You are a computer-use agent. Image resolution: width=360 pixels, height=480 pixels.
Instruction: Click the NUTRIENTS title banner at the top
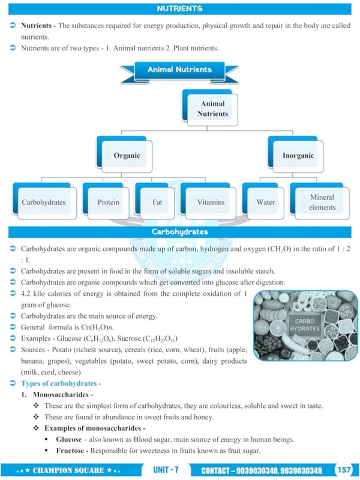(x=179, y=8)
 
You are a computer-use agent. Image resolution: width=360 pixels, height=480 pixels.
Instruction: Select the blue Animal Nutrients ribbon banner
(x=179, y=70)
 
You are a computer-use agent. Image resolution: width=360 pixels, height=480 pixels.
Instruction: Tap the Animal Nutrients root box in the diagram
(x=213, y=108)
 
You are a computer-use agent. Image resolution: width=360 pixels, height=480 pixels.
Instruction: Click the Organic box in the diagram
(x=127, y=155)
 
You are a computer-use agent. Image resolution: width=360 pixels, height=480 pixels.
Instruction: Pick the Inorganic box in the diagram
(x=298, y=155)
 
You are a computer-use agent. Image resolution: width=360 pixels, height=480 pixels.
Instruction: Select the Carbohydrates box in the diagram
(x=43, y=202)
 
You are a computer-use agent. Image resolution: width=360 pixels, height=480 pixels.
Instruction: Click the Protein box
(x=108, y=202)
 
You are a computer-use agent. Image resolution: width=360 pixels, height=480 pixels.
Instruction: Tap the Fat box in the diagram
(x=157, y=202)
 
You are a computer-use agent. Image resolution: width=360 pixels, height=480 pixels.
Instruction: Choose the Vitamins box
(x=211, y=202)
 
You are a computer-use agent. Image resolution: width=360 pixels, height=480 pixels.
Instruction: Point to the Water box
(x=266, y=202)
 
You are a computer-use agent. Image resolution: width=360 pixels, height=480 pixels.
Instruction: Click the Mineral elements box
(x=322, y=202)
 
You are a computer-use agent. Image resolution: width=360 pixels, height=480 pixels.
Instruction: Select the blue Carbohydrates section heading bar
(x=179, y=232)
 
